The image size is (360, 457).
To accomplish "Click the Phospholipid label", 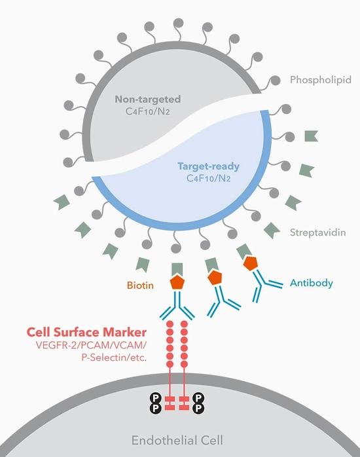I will (x=321, y=80).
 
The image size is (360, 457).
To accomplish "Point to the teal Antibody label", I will (x=312, y=283).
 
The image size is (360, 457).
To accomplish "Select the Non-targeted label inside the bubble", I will (x=147, y=100).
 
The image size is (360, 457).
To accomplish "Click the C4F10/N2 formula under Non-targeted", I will (x=147, y=113).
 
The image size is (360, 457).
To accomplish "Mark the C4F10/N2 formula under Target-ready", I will (x=207, y=179).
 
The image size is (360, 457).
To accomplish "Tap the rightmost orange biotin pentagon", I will (x=249, y=263).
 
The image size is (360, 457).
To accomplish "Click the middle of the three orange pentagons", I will (x=215, y=278).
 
